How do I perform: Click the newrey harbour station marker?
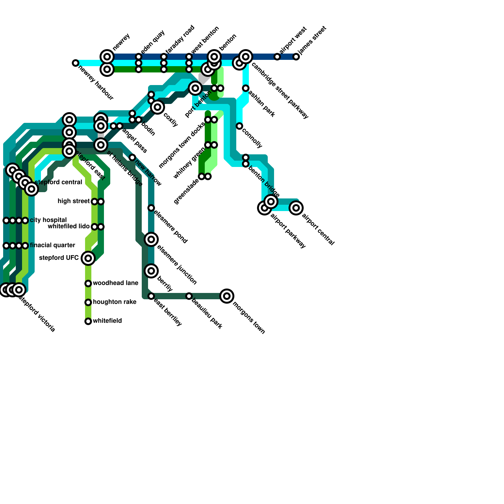75,63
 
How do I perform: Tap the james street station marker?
296,57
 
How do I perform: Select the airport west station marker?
277,57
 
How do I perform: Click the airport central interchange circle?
296,208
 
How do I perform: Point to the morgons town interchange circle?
227,296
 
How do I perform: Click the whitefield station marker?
88,321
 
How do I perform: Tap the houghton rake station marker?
88,302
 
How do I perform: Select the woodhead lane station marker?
88,283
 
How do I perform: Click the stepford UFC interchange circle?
88,258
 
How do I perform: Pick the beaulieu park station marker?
189,296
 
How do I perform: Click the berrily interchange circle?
151,271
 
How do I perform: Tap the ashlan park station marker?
246,88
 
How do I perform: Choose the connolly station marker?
239,126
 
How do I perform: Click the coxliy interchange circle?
157,107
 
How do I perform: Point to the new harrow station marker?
132,157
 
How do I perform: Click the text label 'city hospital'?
48,220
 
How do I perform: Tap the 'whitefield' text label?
107,321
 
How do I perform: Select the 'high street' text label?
74,201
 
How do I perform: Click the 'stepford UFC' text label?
59,258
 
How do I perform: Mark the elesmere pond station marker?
151,208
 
